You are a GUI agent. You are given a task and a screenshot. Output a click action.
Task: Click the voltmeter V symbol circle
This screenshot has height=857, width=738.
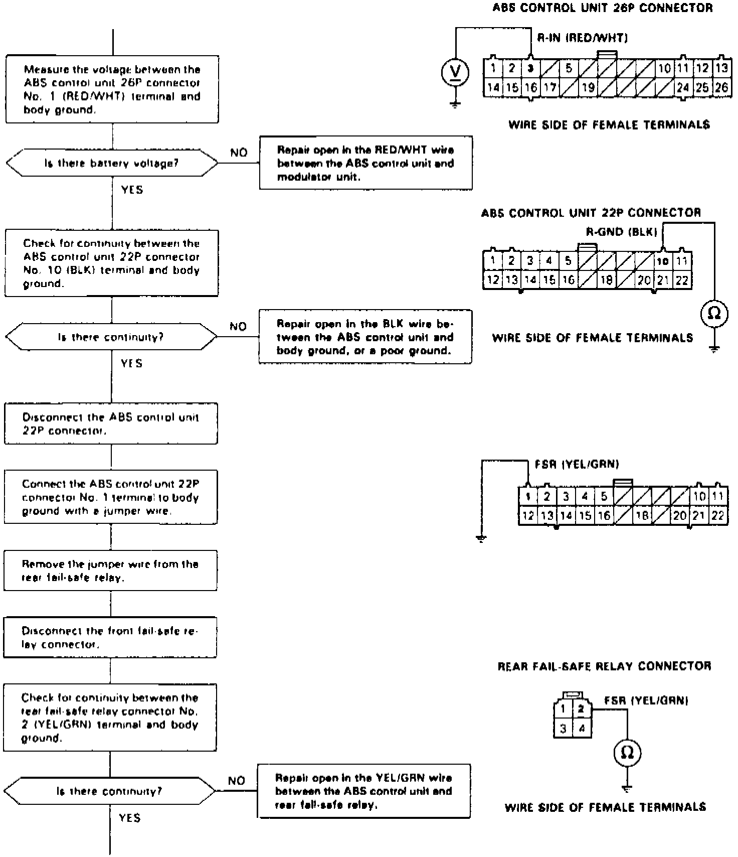click(x=455, y=73)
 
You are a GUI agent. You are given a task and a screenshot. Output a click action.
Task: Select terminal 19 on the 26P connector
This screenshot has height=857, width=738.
click(x=588, y=87)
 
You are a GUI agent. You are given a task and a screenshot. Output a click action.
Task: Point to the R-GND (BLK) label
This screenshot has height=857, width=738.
click(x=621, y=232)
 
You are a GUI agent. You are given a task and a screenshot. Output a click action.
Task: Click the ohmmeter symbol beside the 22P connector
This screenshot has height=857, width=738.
click(x=714, y=314)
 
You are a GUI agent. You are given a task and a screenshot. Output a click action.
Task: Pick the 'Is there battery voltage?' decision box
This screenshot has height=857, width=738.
click(x=112, y=163)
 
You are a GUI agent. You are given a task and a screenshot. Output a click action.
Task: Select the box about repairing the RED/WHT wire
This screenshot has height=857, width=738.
click(x=365, y=163)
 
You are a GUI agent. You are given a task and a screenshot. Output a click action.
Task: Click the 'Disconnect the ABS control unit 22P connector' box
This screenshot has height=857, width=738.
click(x=111, y=424)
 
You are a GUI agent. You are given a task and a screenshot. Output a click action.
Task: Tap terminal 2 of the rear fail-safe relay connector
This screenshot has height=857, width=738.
click(x=582, y=709)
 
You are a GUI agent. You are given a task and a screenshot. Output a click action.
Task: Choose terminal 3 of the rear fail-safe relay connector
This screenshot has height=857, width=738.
click(x=564, y=728)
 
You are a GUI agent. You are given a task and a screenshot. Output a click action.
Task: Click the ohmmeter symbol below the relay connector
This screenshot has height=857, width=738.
click(x=627, y=753)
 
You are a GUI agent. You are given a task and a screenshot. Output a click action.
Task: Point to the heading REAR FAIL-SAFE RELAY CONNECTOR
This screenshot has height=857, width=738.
click(x=604, y=666)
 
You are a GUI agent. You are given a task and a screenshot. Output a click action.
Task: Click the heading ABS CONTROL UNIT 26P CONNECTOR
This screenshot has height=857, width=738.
click(x=602, y=8)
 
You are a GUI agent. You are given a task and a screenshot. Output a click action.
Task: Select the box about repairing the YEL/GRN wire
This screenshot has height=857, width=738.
click(x=364, y=791)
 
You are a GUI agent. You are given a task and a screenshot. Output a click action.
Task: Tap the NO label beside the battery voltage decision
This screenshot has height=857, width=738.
click(x=239, y=153)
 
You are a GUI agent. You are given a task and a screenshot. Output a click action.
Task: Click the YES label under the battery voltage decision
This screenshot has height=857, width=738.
click(x=132, y=190)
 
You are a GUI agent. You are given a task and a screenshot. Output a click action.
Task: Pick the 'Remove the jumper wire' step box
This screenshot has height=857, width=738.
click(x=110, y=571)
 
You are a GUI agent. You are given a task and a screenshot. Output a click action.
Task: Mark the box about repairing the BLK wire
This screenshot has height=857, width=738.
click(x=365, y=337)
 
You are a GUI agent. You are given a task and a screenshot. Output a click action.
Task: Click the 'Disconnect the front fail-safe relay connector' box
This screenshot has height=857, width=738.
click(x=110, y=638)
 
